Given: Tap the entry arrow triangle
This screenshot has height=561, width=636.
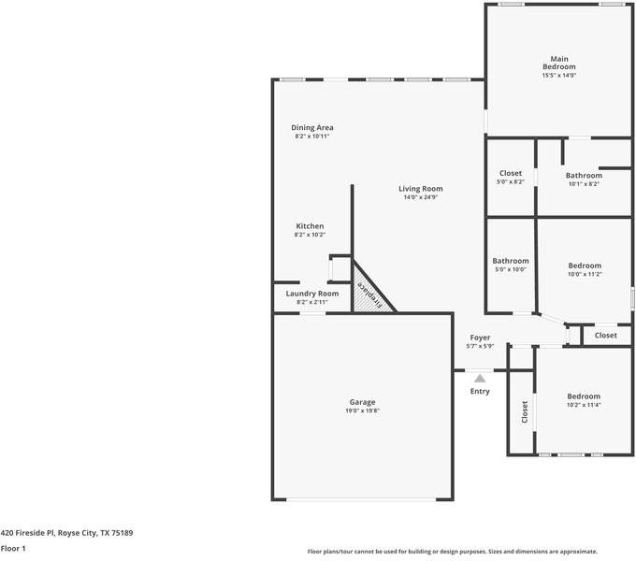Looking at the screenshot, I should (479, 378).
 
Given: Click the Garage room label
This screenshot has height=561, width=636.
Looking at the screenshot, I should (363, 402).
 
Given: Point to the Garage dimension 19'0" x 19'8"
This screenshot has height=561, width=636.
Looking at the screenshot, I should (363, 411).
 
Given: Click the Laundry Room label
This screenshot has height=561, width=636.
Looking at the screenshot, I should (311, 294).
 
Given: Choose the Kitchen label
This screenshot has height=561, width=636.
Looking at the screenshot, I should (310, 226).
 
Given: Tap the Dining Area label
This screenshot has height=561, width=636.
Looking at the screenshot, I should (311, 127).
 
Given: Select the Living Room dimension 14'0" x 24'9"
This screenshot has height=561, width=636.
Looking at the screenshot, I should (421, 197).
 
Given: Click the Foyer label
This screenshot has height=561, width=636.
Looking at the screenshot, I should (479, 338).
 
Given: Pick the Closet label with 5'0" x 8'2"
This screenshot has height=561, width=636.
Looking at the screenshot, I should (510, 173).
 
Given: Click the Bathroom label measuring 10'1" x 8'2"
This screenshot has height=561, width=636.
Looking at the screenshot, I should (583, 175).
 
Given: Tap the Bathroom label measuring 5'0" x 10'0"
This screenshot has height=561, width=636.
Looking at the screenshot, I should (510, 261).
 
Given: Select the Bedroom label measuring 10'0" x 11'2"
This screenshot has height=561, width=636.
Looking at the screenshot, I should (585, 266).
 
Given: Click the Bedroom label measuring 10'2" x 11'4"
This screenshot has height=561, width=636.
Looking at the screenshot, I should (583, 396).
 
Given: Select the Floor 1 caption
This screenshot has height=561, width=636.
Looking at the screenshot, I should (13, 548).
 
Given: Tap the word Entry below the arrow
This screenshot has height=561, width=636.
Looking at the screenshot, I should (479, 392).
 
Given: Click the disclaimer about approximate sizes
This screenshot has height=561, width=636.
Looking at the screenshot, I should (452, 552).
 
